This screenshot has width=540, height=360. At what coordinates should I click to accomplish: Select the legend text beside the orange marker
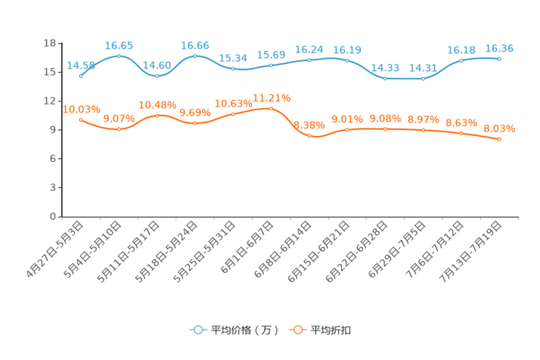[x=331, y=330]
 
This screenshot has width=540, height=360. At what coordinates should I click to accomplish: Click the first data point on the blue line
[x=81, y=75]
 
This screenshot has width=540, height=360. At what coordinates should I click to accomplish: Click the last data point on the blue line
[x=499, y=59]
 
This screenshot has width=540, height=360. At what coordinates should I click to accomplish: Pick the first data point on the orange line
[x=81, y=119]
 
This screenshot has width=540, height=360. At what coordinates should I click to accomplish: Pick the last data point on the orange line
[x=499, y=139]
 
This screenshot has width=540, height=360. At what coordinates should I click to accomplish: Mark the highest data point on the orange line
[x=271, y=108]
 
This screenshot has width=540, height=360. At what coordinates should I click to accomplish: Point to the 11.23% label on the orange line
[x=271, y=97]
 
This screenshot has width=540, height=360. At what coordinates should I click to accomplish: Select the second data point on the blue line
[x=118, y=56]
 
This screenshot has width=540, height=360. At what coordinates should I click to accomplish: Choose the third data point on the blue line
[x=157, y=75]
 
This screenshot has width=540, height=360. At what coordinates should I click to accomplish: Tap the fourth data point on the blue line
[x=195, y=56]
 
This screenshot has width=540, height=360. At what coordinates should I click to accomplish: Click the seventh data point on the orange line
[x=309, y=136]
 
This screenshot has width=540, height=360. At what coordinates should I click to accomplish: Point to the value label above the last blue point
[x=499, y=49]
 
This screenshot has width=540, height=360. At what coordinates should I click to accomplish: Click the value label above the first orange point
[x=81, y=109]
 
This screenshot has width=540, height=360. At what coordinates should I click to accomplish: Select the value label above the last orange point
[x=499, y=128]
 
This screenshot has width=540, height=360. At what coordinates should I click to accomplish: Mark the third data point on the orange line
[x=157, y=115]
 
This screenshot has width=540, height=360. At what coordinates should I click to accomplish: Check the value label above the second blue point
[x=118, y=45]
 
